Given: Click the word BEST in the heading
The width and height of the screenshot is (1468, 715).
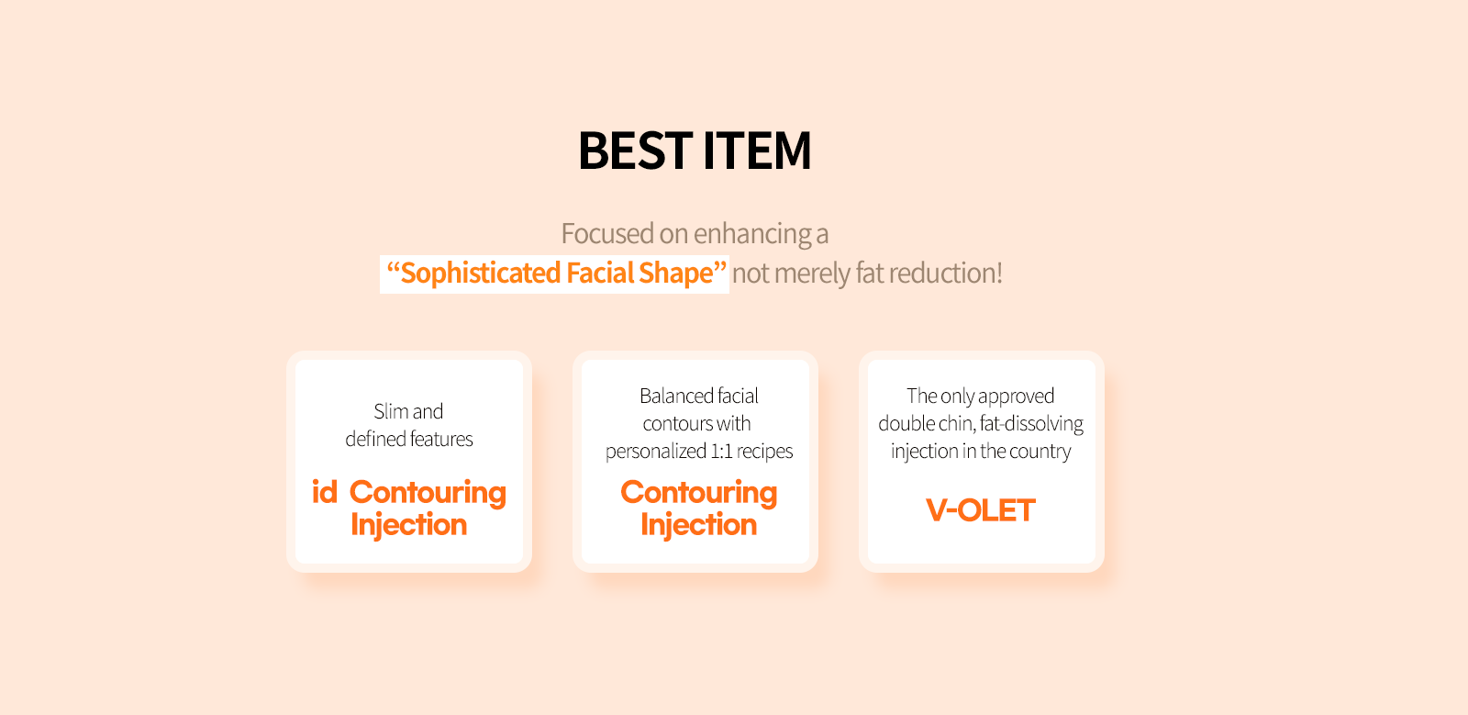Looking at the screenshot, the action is click(x=635, y=151).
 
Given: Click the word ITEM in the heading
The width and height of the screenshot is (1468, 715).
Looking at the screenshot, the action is click(x=757, y=151).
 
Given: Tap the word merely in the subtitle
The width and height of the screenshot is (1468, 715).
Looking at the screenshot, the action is click(x=811, y=274).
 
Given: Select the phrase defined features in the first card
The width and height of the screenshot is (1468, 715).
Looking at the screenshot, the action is click(x=409, y=439).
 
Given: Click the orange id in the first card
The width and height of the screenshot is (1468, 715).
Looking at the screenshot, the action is click(x=325, y=492).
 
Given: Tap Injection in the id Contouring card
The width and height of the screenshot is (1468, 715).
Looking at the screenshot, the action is click(x=409, y=525).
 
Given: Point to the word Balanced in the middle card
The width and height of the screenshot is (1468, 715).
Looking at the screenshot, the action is click(x=675, y=396).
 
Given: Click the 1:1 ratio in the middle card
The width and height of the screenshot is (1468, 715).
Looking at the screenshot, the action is click(x=719, y=451).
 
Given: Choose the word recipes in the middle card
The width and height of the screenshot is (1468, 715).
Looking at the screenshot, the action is click(x=764, y=452).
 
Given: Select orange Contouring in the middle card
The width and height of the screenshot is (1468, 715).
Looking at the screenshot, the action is click(x=698, y=493).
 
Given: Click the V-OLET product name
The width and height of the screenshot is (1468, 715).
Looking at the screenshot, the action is click(x=981, y=510).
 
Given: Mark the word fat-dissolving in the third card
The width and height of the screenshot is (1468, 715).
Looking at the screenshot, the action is click(x=1031, y=424).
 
